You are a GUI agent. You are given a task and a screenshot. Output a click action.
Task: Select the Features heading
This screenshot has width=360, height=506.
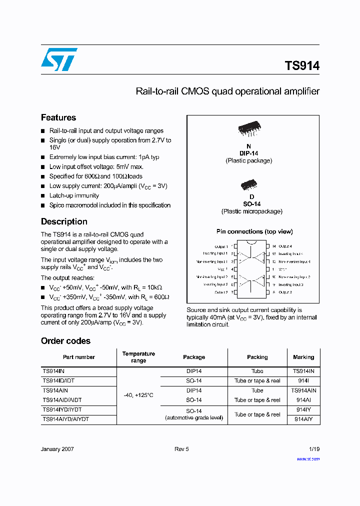pyautogui.click(x=58, y=117)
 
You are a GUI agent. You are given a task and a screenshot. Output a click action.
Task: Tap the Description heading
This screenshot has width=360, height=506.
pyautogui.click(x=64, y=221)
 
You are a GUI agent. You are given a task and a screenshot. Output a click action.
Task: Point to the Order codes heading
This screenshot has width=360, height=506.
pyautogui.click(x=65, y=341)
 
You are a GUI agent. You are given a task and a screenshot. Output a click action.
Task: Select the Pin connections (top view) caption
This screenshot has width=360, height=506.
pyautogui.click(x=254, y=231)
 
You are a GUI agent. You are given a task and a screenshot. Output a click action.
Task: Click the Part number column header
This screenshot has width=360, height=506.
pyautogui.click(x=79, y=357)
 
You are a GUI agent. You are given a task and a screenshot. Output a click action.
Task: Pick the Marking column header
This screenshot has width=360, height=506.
pyautogui.click(x=303, y=357)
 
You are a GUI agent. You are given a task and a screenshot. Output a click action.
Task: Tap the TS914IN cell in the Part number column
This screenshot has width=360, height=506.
pyautogui.click(x=53, y=371)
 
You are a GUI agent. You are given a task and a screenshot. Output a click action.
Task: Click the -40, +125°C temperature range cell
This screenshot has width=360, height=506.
pyautogui.click(x=138, y=395)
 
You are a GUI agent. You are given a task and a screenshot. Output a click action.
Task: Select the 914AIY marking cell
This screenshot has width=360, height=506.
pyautogui.click(x=303, y=419)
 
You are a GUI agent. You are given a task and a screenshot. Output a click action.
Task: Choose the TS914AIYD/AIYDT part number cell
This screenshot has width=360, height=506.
pyautogui.click(x=65, y=419)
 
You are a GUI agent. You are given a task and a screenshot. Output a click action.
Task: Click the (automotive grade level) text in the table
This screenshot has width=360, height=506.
pyautogui.click(x=194, y=417)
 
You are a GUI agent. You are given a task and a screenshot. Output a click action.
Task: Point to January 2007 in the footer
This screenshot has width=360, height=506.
pyautogui.click(x=57, y=449)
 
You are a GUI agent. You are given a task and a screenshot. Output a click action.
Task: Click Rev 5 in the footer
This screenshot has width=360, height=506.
pyautogui.click(x=181, y=449)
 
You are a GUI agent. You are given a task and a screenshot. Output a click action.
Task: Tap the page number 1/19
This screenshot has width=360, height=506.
pyautogui.click(x=313, y=449)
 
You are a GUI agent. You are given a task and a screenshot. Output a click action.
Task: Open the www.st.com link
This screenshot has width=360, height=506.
pyautogui.click(x=308, y=458)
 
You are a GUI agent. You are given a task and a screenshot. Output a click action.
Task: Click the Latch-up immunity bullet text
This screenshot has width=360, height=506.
pyautogui.click(x=74, y=195)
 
